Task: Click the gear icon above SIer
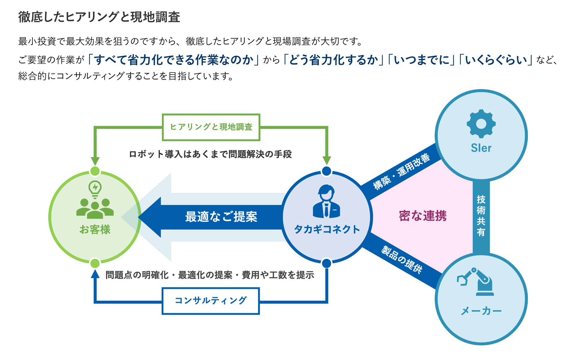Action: pos(481,124)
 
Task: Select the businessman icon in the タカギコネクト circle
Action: pos(326,201)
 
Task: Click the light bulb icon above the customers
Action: pos(95,189)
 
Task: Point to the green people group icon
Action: pos(95,208)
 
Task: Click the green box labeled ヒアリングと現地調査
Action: pos(211,127)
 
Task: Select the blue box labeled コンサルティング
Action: pos(211,301)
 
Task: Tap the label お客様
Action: pos(95,229)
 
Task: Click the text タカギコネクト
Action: pos(327,229)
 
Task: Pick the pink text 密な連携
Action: pos(422,216)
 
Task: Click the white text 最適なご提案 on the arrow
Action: pos(221,217)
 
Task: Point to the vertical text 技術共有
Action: pos(481,215)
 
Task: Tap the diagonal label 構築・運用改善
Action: pos(402,172)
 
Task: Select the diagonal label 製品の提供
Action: pos(402,259)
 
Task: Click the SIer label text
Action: pos(481,148)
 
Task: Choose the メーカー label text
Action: pos(481,311)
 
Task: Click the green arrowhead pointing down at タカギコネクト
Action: pos(326,160)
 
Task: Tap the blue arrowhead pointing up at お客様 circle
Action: pos(95,274)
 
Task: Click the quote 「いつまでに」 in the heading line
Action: pos(421,60)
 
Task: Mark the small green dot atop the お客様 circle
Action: pos(95,171)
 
